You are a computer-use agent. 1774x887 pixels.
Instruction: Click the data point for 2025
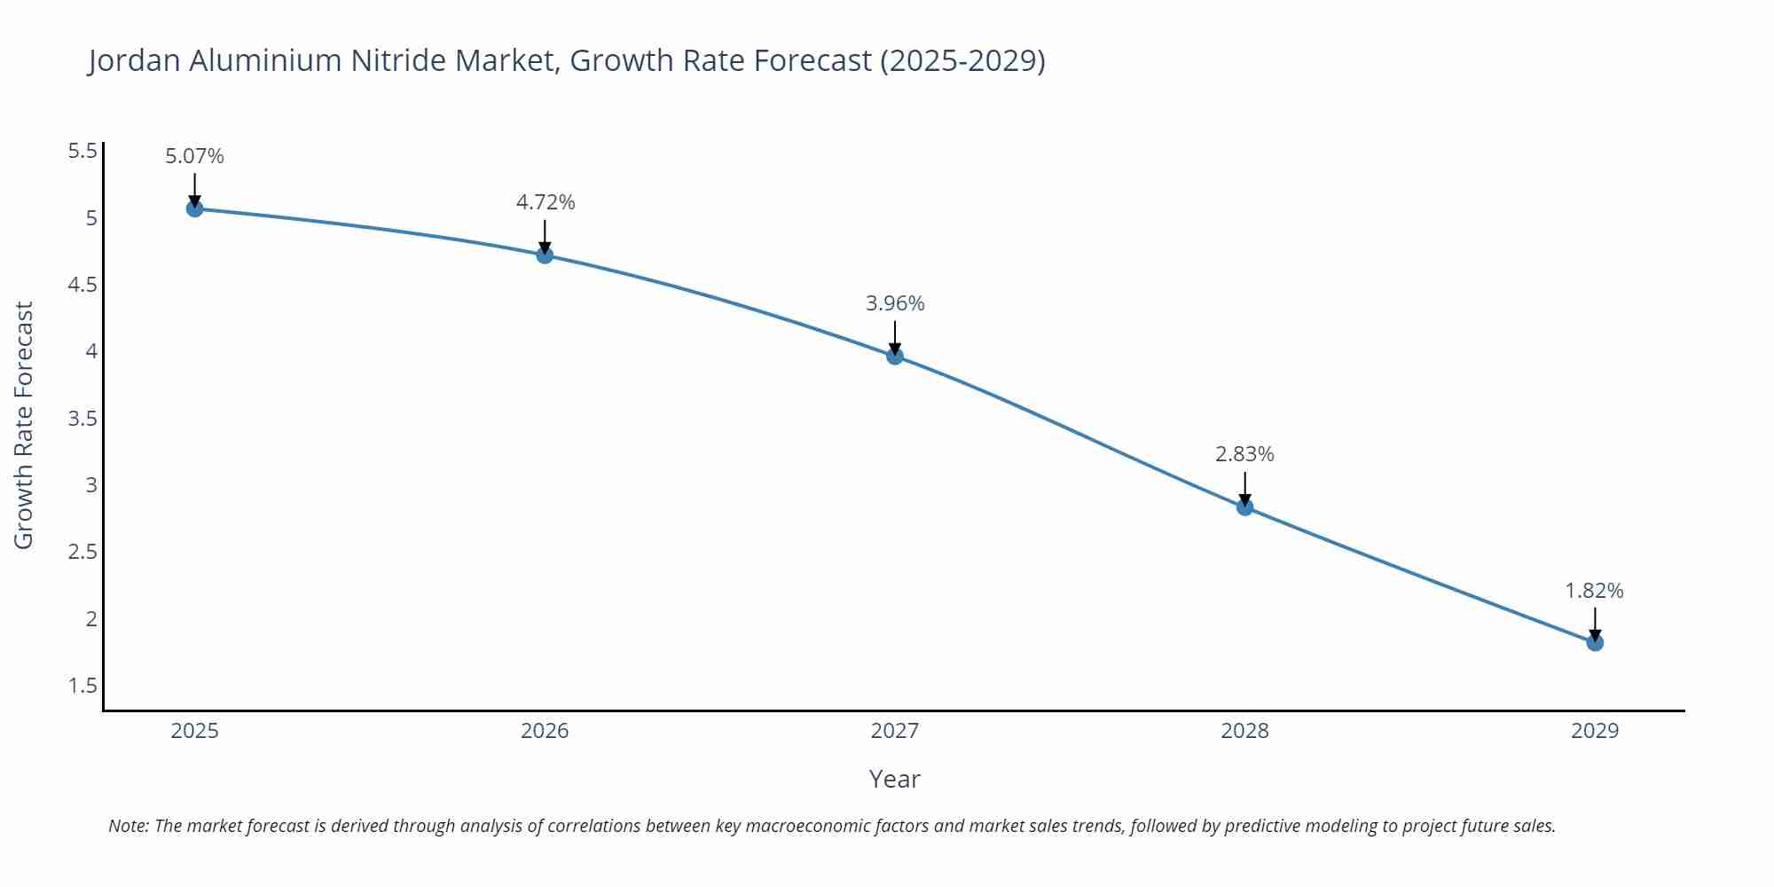[x=195, y=208]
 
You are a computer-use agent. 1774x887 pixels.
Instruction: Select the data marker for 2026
[x=545, y=255]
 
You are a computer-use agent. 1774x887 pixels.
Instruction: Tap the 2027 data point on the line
[x=895, y=356]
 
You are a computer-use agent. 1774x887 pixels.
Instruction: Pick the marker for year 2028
[x=1244, y=507]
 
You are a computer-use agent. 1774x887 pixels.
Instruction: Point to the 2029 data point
[x=1595, y=642]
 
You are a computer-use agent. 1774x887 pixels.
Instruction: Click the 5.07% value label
[x=195, y=157]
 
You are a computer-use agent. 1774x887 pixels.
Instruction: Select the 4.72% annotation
[x=546, y=203]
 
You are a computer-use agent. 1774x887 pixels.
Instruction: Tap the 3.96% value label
[x=895, y=304]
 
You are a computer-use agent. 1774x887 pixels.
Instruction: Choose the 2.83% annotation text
[x=1244, y=455]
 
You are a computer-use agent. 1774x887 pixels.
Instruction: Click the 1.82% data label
[x=1594, y=592]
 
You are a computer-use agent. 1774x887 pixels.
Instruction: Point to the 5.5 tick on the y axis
[x=82, y=152]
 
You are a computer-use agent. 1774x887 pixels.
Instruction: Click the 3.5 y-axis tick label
[x=82, y=419]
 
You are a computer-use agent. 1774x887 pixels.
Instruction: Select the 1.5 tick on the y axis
[x=82, y=686]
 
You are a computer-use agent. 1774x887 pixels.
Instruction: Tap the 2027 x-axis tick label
[x=895, y=732]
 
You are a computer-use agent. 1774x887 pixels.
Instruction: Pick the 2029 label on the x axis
[x=1595, y=732]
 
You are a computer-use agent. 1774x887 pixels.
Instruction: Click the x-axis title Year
[x=894, y=780]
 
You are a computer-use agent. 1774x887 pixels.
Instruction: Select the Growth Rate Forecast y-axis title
[x=24, y=425]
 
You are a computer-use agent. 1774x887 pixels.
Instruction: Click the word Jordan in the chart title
[x=134, y=61]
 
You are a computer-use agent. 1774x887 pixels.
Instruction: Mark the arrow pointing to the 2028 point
[x=1244, y=489]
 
